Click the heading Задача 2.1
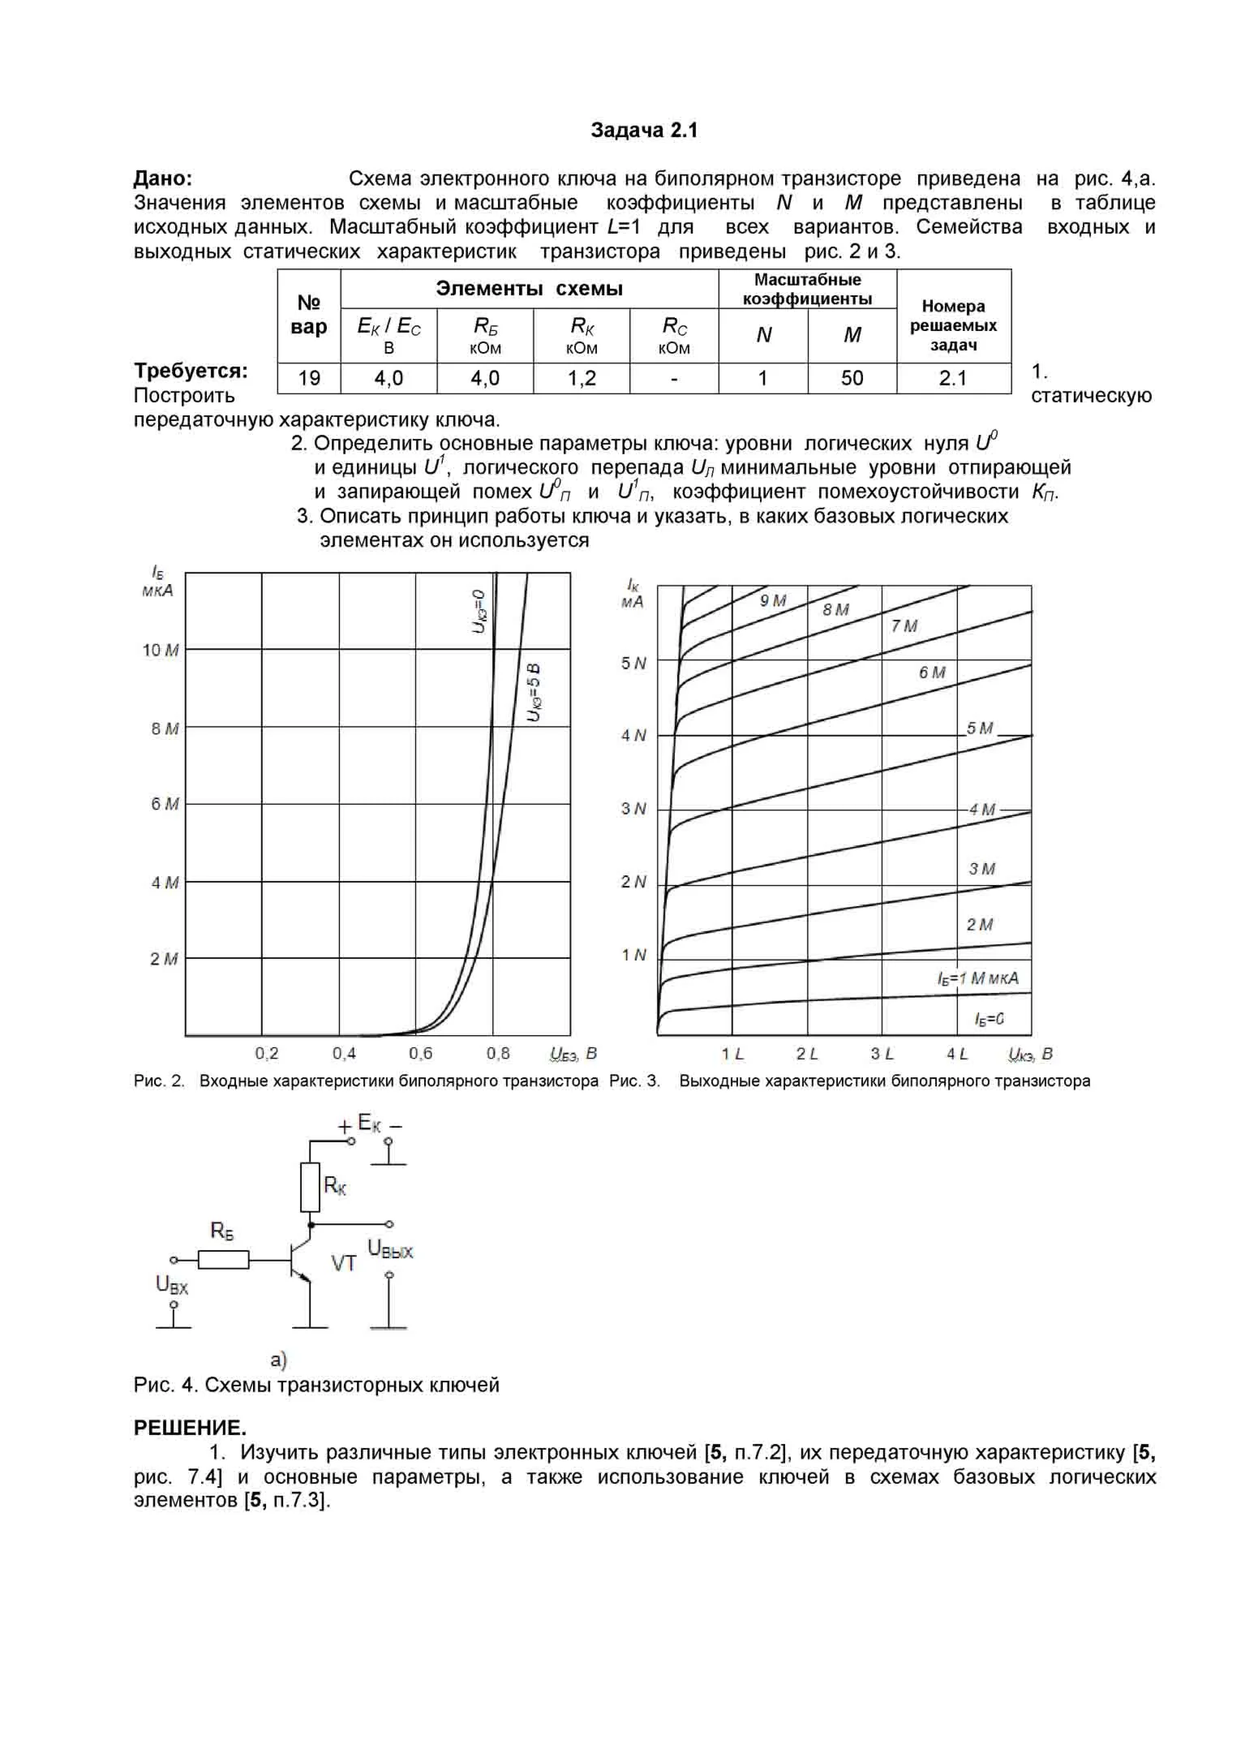click(x=644, y=131)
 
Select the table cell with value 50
click(x=852, y=378)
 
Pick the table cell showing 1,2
click(x=582, y=378)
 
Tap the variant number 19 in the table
click(x=309, y=378)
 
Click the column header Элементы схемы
click(x=529, y=289)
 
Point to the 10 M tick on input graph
click(x=161, y=651)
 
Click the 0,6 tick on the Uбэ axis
click(x=420, y=1054)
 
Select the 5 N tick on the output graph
click(x=633, y=664)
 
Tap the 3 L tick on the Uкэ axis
click(x=882, y=1054)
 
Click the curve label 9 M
click(x=773, y=601)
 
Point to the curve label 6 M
click(x=932, y=673)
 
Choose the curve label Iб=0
click(x=990, y=1019)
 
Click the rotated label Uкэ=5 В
click(x=534, y=692)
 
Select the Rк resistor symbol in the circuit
click(x=310, y=1187)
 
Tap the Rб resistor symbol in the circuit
click(x=224, y=1260)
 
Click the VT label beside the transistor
click(x=343, y=1263)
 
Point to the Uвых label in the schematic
click(x=390, y=1248)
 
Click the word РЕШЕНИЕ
click(x=190, y=1427)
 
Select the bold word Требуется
click(x=191, y=372)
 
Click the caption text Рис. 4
click(x=165, y=1385)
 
